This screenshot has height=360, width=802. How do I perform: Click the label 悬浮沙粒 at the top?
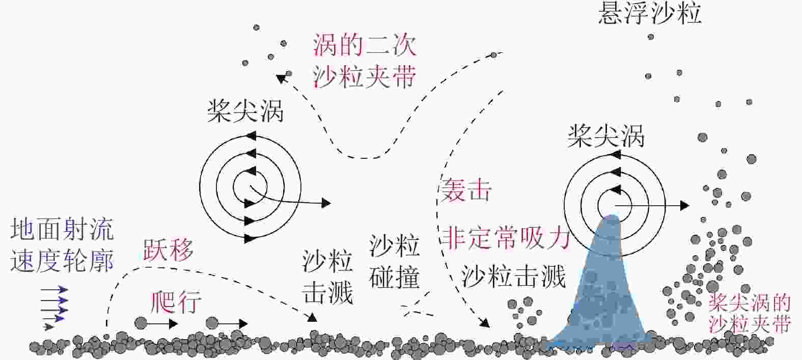tap(650, 13)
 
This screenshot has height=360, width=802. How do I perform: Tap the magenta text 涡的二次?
tap(365, 45)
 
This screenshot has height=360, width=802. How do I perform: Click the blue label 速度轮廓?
tap(61, 261)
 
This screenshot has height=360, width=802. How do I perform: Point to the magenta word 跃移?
tap(168, 250)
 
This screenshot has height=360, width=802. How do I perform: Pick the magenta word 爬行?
tap(176, 302)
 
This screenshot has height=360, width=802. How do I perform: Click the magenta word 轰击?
tap(466, 191)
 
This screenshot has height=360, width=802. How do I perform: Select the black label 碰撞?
tap(395, 278)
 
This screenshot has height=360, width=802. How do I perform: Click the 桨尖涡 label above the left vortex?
tap(245, 111)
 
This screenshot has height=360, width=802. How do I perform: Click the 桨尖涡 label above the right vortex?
tap(606, 136)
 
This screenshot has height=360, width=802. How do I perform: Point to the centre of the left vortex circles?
tap(250, 187)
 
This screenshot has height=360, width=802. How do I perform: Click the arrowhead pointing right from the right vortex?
tap(684, 206)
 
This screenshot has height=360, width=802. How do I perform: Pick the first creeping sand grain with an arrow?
tap(141, 323)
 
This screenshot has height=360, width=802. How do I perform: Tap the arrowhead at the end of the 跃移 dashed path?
tap(312, 318)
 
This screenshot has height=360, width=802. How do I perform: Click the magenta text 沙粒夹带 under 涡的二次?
tap(365, 77)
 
